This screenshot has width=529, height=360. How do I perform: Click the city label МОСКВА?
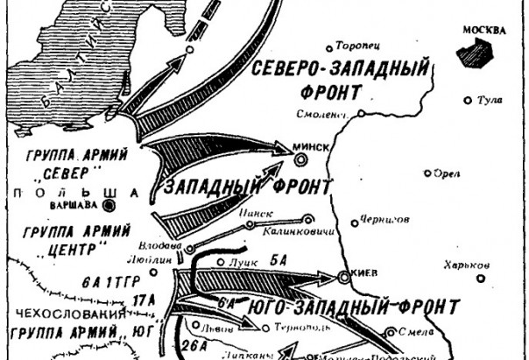click(483, 31)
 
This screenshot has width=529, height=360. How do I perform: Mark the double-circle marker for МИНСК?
click(302, 159)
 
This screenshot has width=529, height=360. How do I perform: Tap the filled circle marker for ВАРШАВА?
click(109, 207)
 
